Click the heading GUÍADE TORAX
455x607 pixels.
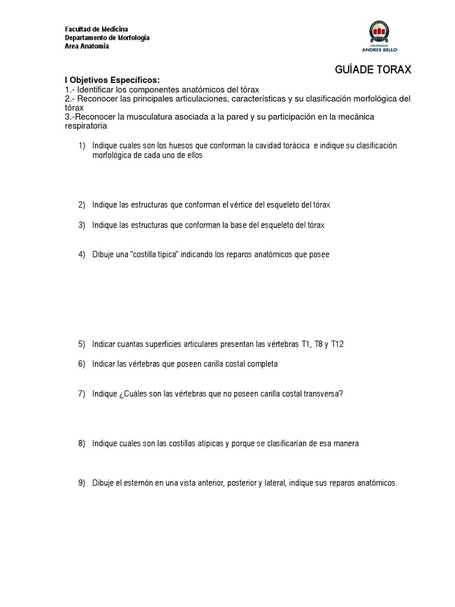[x=373, y=70]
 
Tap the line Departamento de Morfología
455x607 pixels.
[x=107, y=38]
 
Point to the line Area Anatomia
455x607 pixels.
[x=86, y=46]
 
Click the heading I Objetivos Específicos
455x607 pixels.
[x=112, y=80]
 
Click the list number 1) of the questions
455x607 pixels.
[x=82, y=146]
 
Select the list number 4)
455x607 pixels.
[x=82, y=255]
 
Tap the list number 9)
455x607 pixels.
[x=82, y=483]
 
